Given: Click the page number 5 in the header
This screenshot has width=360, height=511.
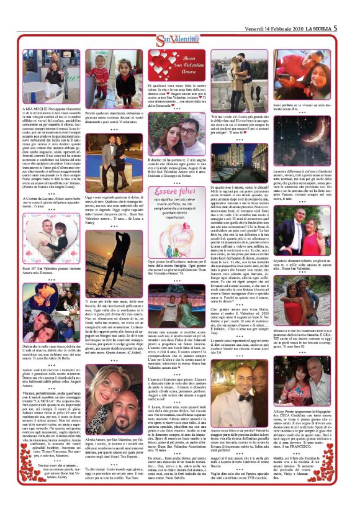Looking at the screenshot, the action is [x=335, y=27].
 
